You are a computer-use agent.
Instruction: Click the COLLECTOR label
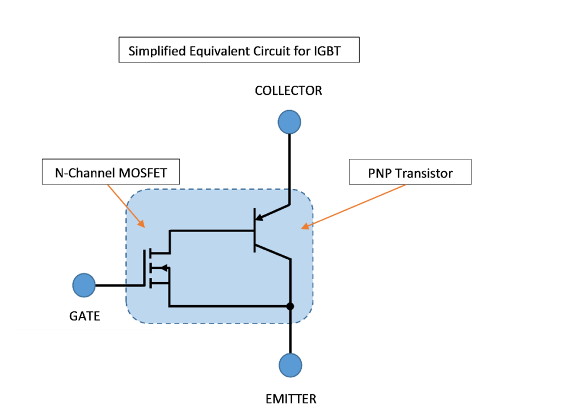click(x=288, y=91)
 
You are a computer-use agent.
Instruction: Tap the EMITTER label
click(x=290, y=399)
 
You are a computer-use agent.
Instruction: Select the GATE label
click(x=85, y=316)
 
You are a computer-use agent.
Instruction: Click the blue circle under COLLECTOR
click(x=289, y=123)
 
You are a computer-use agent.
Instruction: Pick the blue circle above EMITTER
click(x=290, y=365)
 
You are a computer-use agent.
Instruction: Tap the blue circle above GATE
click(x=84, y=285)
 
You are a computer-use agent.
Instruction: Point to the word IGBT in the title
click(x=327, y=51)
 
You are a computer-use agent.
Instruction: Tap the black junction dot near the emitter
click(x=290, y=306)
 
